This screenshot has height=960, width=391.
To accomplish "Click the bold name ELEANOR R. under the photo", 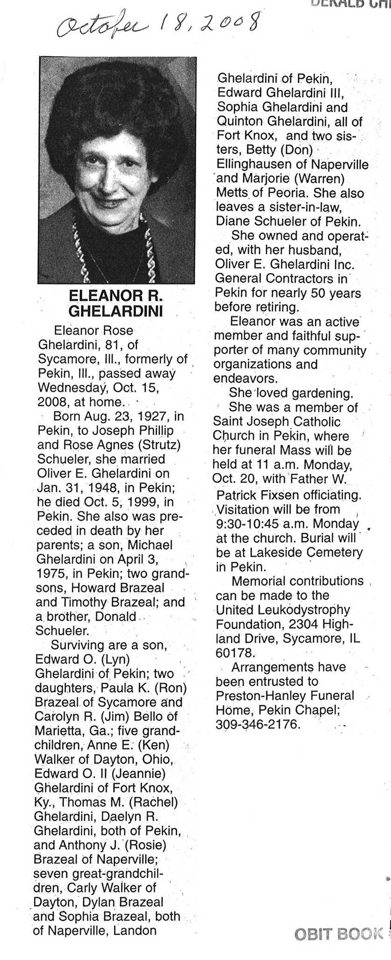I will click(115, 296).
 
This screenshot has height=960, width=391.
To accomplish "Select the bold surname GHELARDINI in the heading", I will click(115, 311).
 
